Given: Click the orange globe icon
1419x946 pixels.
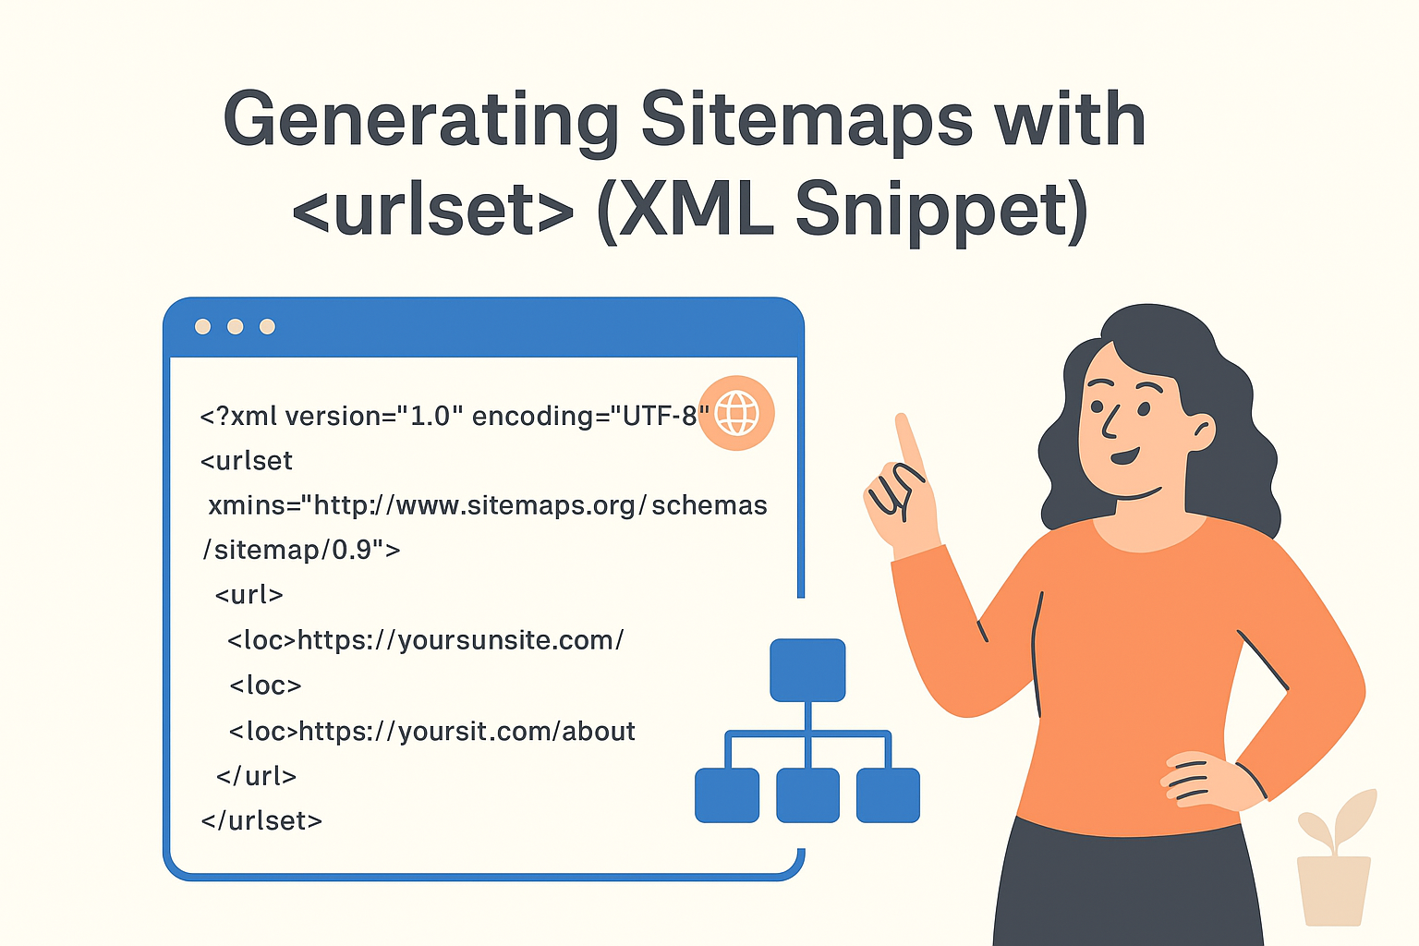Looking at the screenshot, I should click(x=736, y=413).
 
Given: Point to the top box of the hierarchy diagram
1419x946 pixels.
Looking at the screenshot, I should click(x=807, y=670).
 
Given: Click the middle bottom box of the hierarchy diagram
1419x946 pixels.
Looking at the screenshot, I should click(x=807, y=794).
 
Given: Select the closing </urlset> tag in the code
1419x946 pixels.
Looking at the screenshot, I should click(x=261, y=820).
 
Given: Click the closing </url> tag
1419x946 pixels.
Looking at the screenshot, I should click(x=256, y=776).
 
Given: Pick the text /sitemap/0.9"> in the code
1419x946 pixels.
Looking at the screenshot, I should click(x=301, y=551).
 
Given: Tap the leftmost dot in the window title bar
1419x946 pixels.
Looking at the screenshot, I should click(x=203, y=326).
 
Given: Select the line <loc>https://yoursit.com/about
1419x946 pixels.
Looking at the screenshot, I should click(x=431, y=732).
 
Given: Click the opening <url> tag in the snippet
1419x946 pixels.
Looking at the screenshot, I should click(x=249, y=595).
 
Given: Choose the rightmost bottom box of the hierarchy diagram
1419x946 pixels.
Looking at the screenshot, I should click(x=888, y=794).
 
